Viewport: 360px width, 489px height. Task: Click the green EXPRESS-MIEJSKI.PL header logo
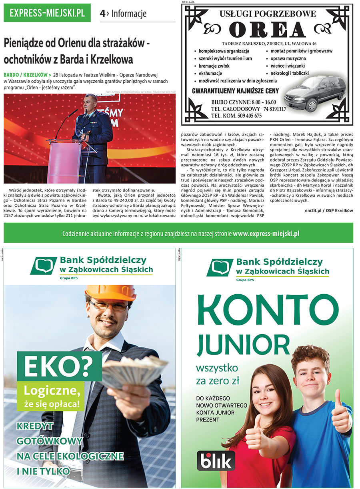click(x=47, y=13)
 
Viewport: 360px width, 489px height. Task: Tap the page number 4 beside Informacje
click(x=103, y=14)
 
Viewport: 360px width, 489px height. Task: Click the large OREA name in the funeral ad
click(x=267, y=30)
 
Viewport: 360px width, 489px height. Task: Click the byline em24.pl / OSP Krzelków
click(x=329, y=210)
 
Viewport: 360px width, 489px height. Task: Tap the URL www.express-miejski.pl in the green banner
click(x=266, y=234)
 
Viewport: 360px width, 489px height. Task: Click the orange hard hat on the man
click(x=110, y=292)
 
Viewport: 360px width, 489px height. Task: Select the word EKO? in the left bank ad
click(x=57, y=367)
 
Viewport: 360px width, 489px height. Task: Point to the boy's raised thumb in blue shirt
click(x=340, y=412)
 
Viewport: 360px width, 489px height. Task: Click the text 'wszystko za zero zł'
click(x=217, y=374)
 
